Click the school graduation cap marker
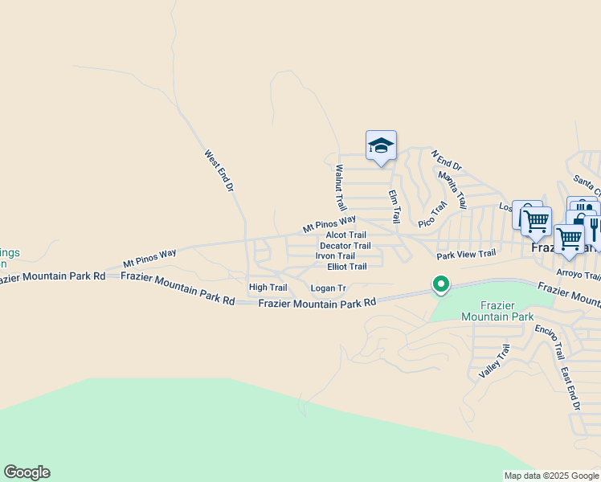[x=381, y=146]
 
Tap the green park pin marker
[x=440, y=284]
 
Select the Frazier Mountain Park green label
[x=497, y=311]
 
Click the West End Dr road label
[x=218, y=170]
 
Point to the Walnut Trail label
[x=339, y=189]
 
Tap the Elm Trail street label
[x=394, y=206]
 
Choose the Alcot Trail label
[x=345, y=235]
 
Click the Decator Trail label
[x=345, y=246]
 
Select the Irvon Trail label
[x=335, y=256]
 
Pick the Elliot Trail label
[x=346, y=267]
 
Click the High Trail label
[x=268, y=287]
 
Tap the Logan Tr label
[x=328, y=288]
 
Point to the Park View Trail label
[x=466, y=255]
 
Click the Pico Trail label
[x=432, y=214]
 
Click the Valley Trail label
[x=494, y=361]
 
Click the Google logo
[x=27, y=472]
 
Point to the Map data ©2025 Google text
[x=550, y=476]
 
